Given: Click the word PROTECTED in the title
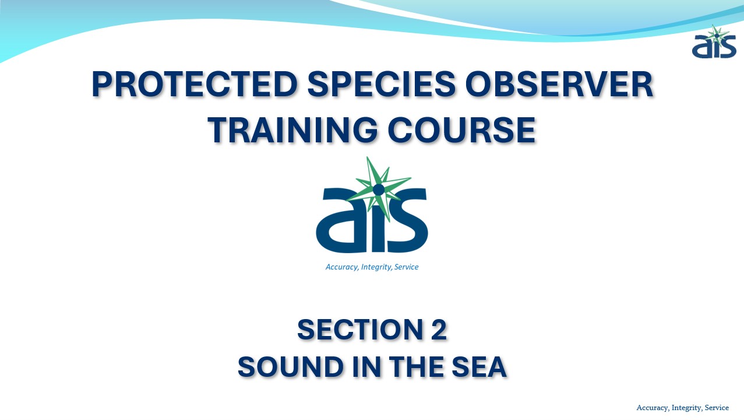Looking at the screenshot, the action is point(195,84).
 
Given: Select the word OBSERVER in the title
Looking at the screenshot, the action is point(559,84).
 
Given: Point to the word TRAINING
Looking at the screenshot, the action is point(292,129).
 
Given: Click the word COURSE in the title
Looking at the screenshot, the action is point(461,129).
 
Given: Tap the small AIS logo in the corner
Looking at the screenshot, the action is point(714,42).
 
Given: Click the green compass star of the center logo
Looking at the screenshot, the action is point(379,189).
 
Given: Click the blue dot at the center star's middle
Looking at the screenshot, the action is point(379,190).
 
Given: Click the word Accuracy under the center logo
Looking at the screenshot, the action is point(342,267).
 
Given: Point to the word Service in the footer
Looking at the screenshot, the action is point(717,408).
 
